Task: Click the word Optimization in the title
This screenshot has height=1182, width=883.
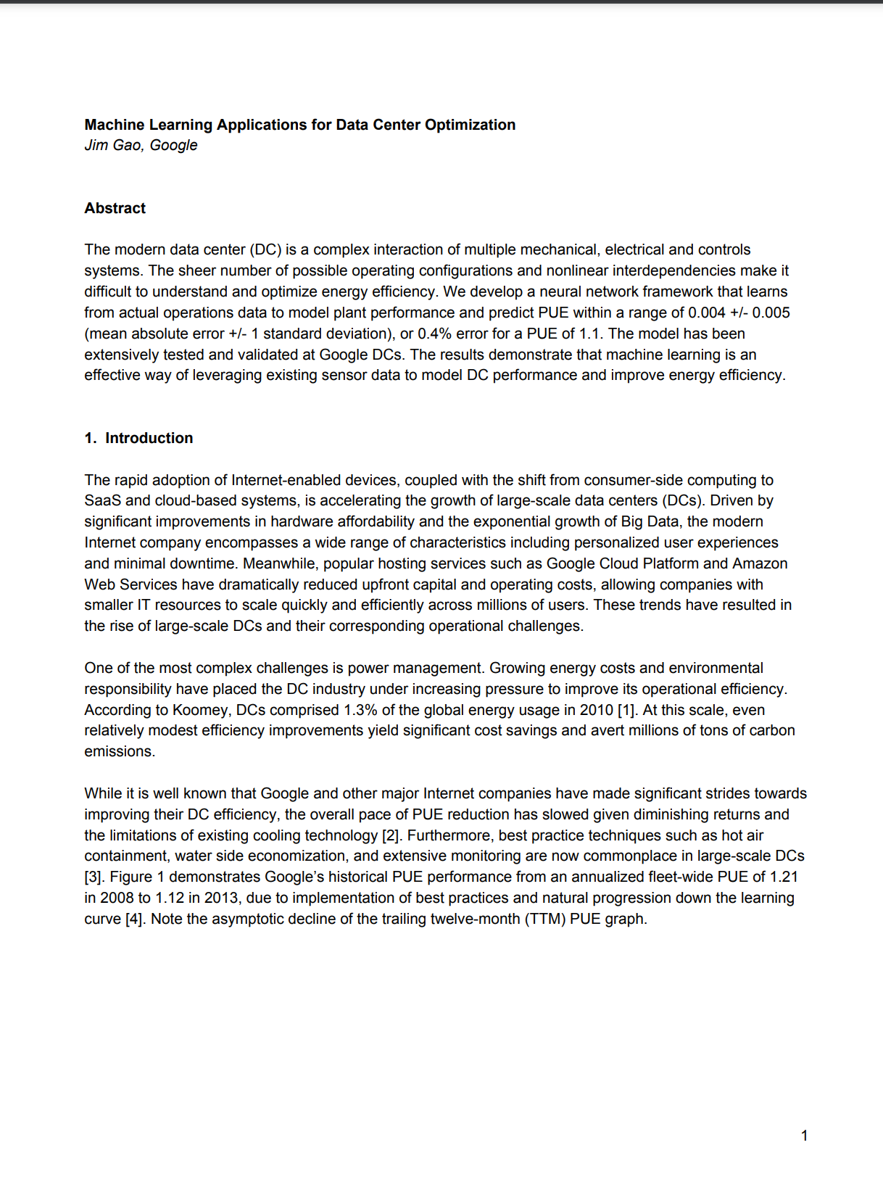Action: [x=470, y=125]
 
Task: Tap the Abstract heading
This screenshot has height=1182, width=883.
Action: [x=115, y=208]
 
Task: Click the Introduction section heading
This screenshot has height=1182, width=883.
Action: [x=149, y=438]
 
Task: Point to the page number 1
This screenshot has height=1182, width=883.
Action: [x=804, y=1136]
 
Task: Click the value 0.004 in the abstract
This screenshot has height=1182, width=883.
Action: [x=706, y=313]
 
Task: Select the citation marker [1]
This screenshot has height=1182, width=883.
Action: [x=626, y=710]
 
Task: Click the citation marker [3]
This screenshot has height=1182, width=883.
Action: [x=94, y=877]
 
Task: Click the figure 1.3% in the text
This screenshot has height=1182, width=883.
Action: [x=361, y=710]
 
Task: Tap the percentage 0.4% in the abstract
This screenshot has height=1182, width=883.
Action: [x=434, y=334]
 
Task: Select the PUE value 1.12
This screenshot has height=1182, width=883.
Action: [x=170, y=898]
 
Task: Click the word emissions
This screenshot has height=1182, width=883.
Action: [x=119, y=751]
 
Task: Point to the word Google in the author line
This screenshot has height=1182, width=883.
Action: [x=173, y=145]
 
